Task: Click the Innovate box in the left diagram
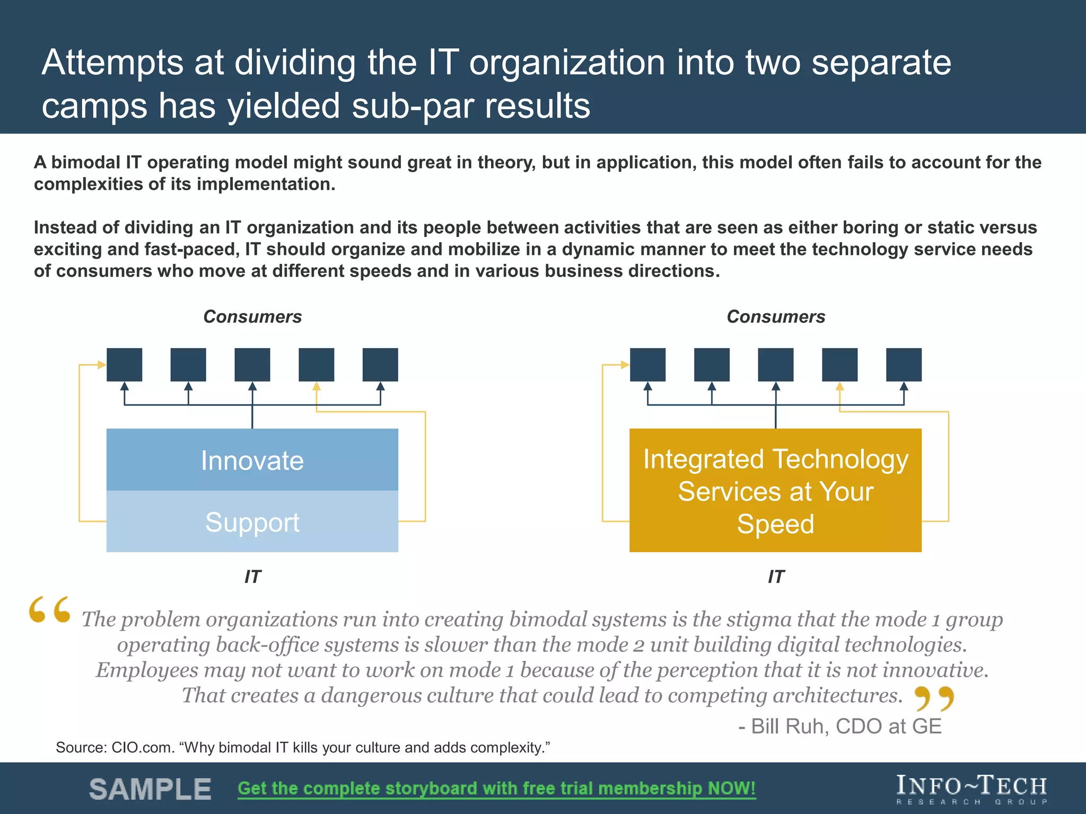252,459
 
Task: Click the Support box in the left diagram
252,522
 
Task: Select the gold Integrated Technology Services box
775,490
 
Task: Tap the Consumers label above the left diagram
252,317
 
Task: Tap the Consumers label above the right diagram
776,317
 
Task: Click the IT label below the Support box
252,577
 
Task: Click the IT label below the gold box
776,577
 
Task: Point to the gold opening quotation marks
50,609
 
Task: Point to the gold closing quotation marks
934,698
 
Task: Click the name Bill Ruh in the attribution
790,727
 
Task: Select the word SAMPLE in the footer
150,789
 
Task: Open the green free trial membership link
496,789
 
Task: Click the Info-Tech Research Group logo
971,789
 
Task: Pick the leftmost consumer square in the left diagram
124,365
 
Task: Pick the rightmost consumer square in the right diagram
904,365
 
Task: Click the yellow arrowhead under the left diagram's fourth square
317,386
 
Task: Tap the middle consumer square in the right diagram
776,365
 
